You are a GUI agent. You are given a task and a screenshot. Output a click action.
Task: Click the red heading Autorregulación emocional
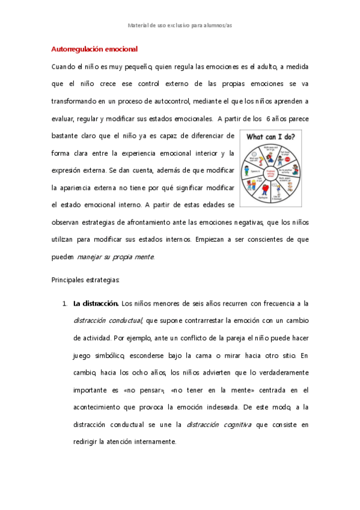coord(95,49)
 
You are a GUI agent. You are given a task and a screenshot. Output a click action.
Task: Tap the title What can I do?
coord(271,137)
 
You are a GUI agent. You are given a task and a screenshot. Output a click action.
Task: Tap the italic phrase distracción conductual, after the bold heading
coord(108,321)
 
